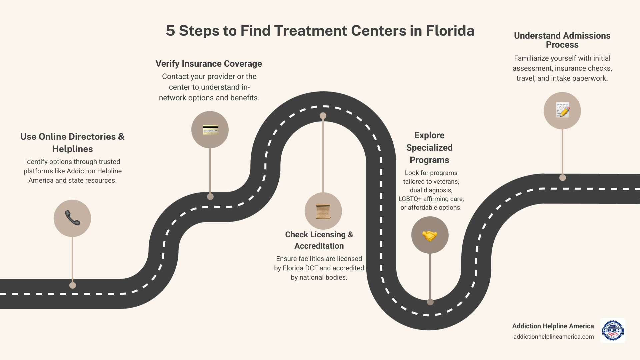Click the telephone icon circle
click(x=72, y=218)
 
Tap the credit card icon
click(x=210, y=130)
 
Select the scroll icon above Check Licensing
click(x=323, y=211)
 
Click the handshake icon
click(x=430, y=235)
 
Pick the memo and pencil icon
click(x=562, y=110)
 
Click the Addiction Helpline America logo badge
click(x=613, y=330)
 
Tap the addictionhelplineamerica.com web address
click(x=553, y=337)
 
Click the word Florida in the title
click(x=450, y=31)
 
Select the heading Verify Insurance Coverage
click(x=209, y=64)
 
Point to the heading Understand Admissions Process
click(x=562, y=40)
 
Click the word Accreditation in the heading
click(x=319, y=246)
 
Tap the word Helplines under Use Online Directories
click(x=72, y=149)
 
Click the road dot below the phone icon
click(x=73, y=285)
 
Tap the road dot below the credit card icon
click(x=210, y=197)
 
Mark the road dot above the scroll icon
click(x=323, y=116)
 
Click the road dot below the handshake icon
click(x=430, y=302)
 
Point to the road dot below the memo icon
click(x=563, y=178)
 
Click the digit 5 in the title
click(x=170, y=31)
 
